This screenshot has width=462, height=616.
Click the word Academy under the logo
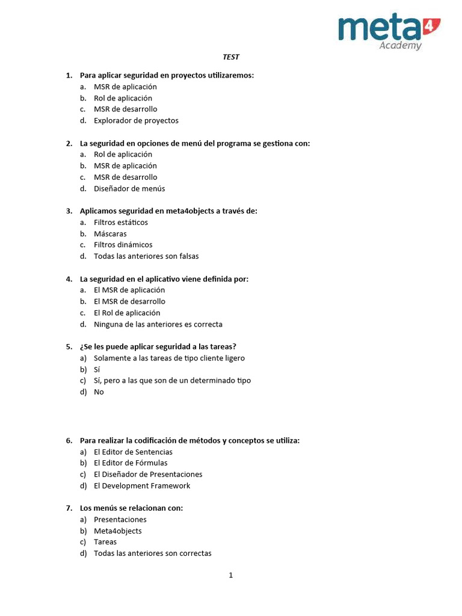pos(400,46)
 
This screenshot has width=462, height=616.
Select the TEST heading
pos(231,57)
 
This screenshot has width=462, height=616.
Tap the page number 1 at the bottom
pos(230,575)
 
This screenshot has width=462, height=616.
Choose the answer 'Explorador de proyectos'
pos(136,120)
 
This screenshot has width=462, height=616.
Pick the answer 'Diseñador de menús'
pos(129,188)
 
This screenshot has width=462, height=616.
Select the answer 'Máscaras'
pos(110,233)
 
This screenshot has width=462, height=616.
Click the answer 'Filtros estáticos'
pos(120,222)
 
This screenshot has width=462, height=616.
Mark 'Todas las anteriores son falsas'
pos(146,256)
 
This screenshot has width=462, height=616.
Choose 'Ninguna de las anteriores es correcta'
pos(158,324)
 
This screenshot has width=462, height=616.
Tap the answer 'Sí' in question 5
pos(97,369)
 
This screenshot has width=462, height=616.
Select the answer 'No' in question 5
pos(99,392)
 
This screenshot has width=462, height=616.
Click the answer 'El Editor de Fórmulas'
pos(131,463)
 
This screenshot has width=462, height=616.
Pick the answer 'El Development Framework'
pos(142,485)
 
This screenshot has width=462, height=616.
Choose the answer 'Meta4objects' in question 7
pos(118,531)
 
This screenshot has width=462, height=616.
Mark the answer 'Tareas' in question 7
pos(105,541)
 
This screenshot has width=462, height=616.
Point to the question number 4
pos(69,279)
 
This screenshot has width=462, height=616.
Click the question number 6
pos(69,440)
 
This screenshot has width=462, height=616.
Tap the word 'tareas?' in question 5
pos(222,346)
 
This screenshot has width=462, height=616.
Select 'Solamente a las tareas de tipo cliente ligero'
pos(169,358)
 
